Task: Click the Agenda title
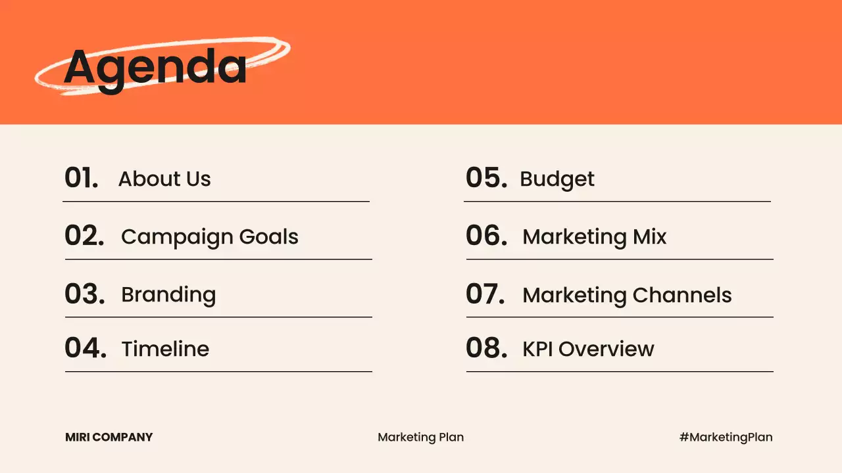pyautogui.click(x=155, y=66)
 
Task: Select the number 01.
pyautogui.click(x=82, y=178)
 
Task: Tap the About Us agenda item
pyautogui.click(x=164, y=179)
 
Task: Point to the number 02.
pyautogui.click(x=84, y=236)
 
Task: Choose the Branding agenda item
pyautogui.click(x=168, y=295)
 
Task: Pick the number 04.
pyautogui.click(x=86, y=348)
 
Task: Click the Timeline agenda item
pyautogui.click(x=165, y=349)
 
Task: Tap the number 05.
pyautogui.click(x=486, y=178)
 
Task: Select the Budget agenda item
pyautogui.click(x=557, y=179)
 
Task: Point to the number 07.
pyautogui.click(x=485, y=294)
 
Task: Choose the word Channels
pyautogui.click(x=682, y=295)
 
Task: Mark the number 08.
pyautogui.click(x=487, y=348)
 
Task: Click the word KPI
pyautogui.click(x=538, y=349)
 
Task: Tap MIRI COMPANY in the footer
pyautogui.click(x=109, y=437)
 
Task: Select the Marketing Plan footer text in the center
pyautogui.click(x=421, y=437)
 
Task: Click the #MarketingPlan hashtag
pyautogui.click(x=726, y=437)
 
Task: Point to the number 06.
pyautogui.click(x=487, y=236)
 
